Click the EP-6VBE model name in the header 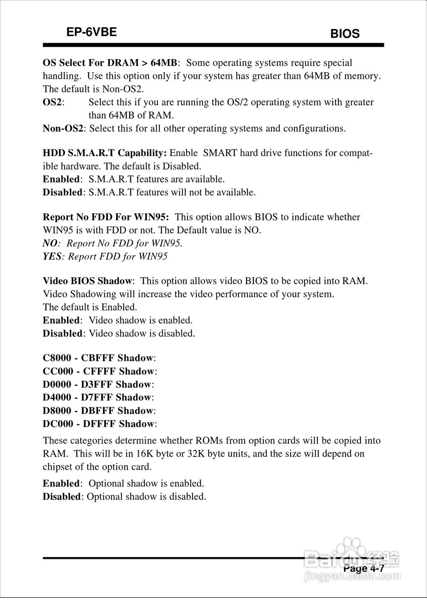[91, 32]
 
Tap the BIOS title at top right [345, 34]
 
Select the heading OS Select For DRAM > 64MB [110, 63]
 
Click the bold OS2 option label [52, 102]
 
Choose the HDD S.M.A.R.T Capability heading [105, 153]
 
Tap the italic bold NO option [50, 243]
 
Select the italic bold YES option [52, 256]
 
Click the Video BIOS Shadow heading [87, 281]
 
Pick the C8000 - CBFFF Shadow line [98, 358]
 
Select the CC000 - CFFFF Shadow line [98, 371]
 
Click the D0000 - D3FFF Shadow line [97, 384]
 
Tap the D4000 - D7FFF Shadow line [97, 397]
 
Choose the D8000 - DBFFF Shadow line [98, 411]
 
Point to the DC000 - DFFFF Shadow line [98, 424]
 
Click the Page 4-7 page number [364, 569]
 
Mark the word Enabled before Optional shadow [61, 483]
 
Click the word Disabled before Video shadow [62, 334]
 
